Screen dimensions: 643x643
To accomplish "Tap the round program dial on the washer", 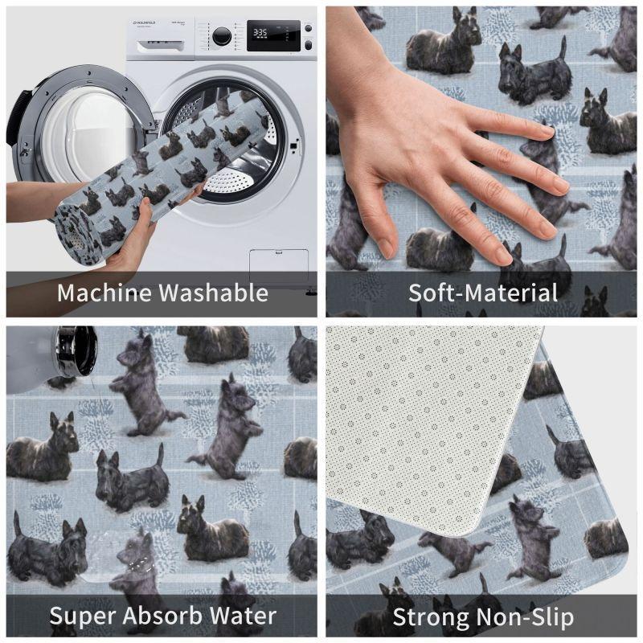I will coord(221,36).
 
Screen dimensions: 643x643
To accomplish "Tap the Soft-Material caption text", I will coord(482,292).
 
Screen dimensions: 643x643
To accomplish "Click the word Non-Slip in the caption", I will coord(531,617).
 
